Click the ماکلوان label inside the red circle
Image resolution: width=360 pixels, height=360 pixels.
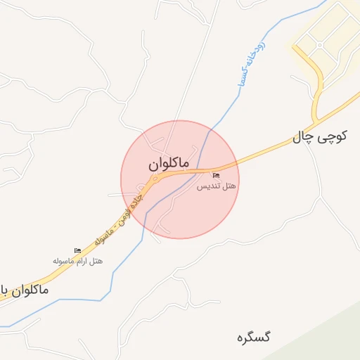pos(169,163)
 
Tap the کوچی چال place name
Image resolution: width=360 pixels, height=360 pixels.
pos(320,136)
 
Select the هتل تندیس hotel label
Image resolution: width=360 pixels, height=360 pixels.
pos(216,186)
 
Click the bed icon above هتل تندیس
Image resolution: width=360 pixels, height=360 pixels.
pos(216,175)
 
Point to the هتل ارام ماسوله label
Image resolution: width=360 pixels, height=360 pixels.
pos(77,261)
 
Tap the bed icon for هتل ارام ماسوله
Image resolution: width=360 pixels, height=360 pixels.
pos(77,250)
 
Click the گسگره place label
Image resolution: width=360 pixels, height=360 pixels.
pos(254,337)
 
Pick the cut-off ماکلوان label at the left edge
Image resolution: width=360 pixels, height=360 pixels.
pos(25,289)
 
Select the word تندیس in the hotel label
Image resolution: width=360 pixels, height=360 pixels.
pos(208,186)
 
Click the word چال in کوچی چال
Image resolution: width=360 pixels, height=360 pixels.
pos(303,139)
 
